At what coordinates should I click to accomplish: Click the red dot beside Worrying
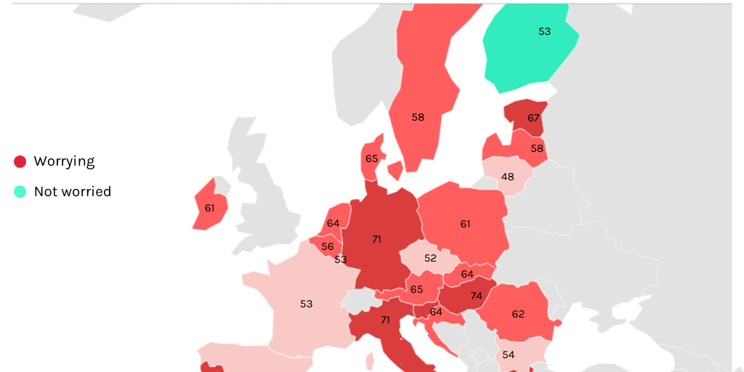click(20, 161)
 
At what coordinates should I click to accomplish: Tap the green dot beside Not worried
click(20, 192)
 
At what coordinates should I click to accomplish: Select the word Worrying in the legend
click(64, 161)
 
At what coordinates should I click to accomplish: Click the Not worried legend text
click(73, 192)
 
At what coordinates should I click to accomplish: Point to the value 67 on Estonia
click(534, 118)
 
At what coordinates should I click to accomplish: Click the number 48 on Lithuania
click(508, 177)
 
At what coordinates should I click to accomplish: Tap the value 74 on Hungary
click(476, 296)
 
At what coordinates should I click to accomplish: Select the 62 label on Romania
click(518, 315)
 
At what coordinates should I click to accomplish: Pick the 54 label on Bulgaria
click(509, 355)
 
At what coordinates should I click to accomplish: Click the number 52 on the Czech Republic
click(431, 258)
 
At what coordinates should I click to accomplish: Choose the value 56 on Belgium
click(328, 246)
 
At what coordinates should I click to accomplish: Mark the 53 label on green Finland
click(544, 31)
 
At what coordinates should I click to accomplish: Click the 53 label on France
click(306, 304)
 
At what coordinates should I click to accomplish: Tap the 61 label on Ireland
click(210, 208)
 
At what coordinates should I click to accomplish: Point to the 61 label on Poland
click(465, 224)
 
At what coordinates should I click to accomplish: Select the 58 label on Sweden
click(418, 117)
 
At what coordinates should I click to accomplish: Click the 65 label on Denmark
click(372, 158)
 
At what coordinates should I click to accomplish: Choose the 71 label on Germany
click(376, 239)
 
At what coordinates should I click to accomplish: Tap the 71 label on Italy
click(385, 320)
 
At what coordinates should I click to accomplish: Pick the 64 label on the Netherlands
click(333, 223)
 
